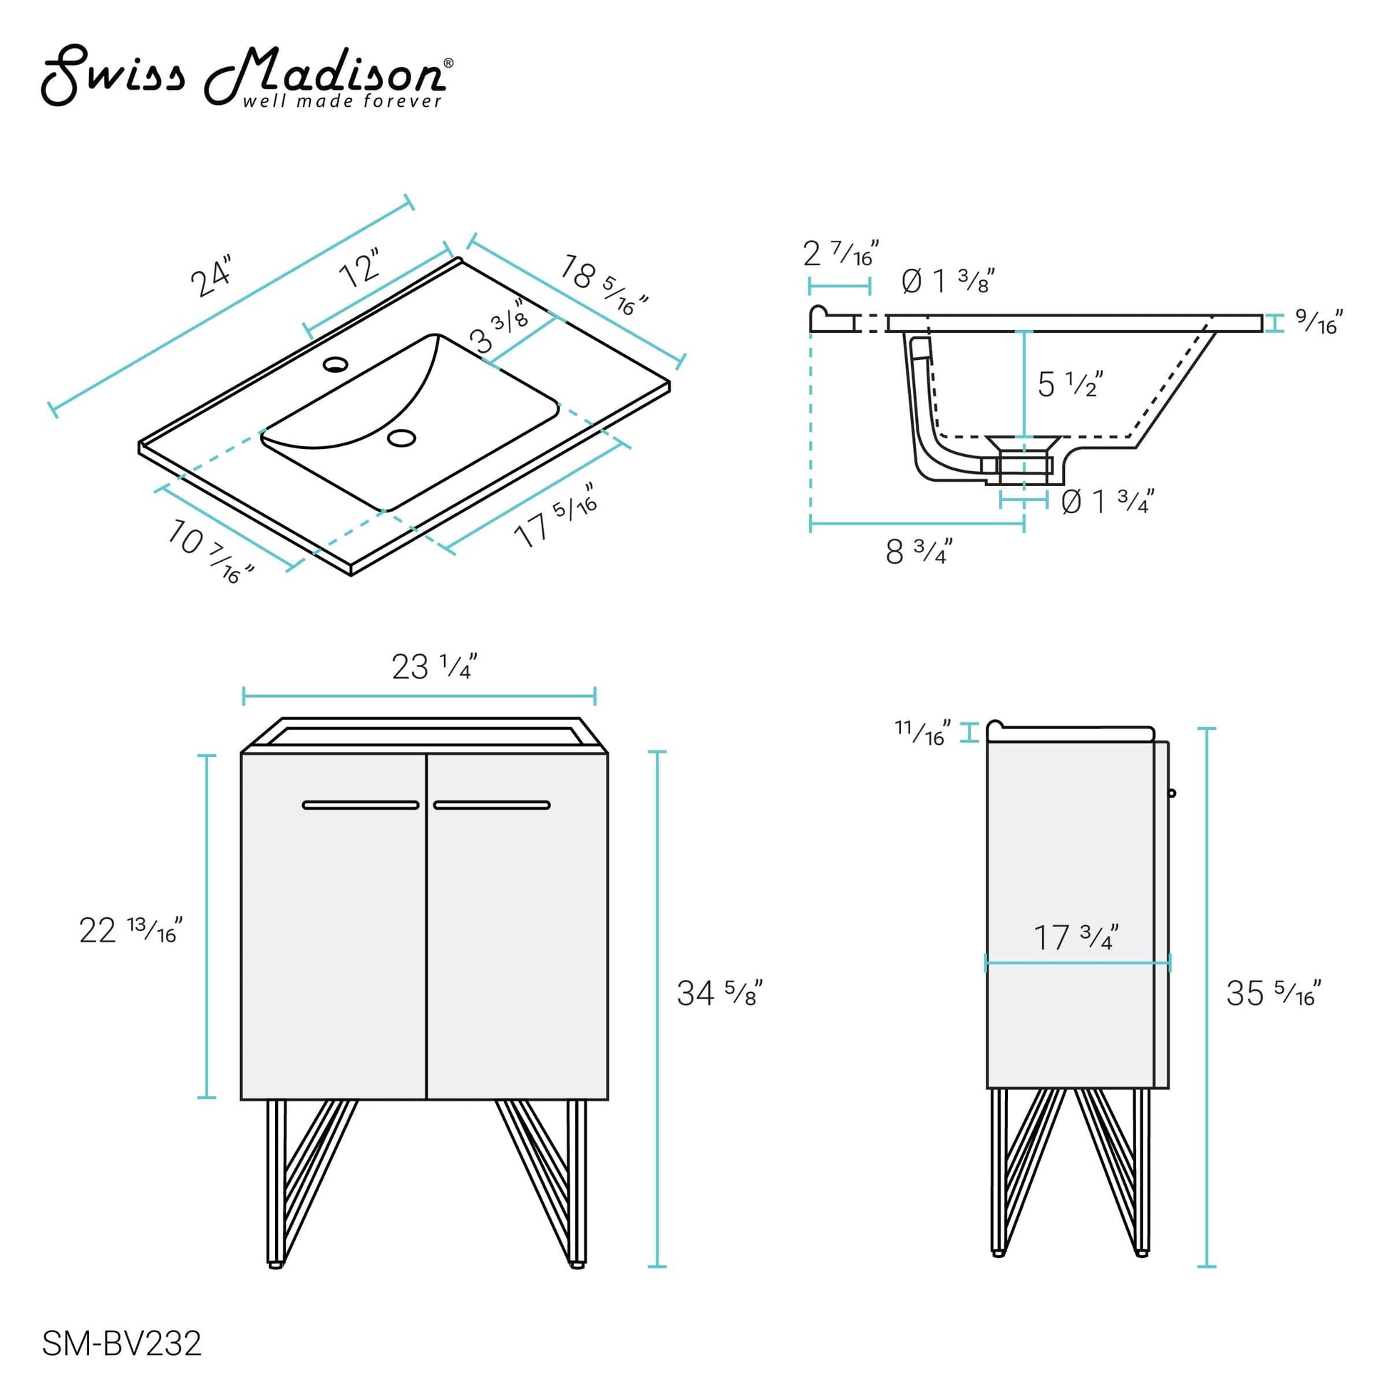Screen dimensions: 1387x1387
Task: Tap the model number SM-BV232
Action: [122, 1344]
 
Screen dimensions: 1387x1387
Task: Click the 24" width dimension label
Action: [212, 276]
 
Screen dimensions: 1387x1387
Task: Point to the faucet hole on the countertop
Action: [335, 364]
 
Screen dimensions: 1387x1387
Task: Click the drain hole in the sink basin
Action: [401, 437]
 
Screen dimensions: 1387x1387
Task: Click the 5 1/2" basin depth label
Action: [1070, 385]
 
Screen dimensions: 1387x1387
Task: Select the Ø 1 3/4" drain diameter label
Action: [1107, 502]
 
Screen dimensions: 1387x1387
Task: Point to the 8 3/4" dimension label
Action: [919, 552]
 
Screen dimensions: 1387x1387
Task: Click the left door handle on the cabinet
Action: [361, 805]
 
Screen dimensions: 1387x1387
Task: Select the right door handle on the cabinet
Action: [492, 805]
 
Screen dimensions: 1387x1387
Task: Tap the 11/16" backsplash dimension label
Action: [922, 732]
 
